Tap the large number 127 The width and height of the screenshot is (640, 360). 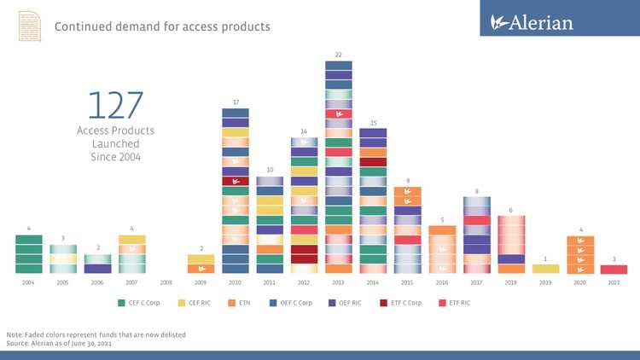pos(115,105)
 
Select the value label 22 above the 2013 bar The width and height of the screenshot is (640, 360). pos(338,54)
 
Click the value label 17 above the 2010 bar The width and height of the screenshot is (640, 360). pos(235,102)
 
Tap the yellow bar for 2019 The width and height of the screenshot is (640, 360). pos(545,269)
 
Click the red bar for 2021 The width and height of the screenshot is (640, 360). pos(614,269)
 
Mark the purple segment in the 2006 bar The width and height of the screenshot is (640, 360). pos(97,269)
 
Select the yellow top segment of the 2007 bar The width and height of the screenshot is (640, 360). pos(131,240)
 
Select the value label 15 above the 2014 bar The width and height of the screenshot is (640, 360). pos(372,122)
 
